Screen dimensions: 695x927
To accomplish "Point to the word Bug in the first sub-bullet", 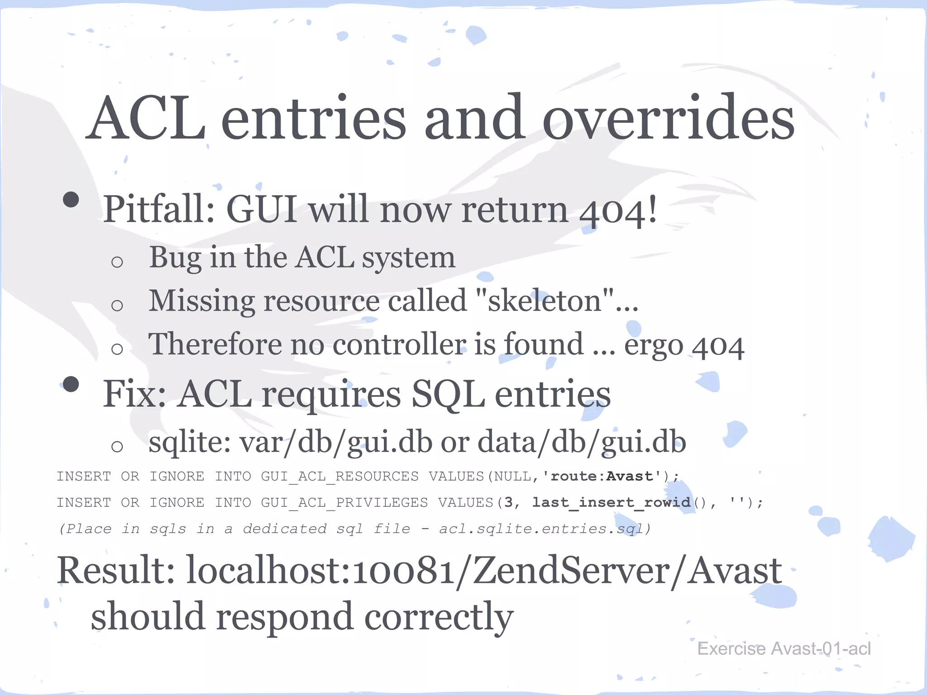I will tap(175, 258).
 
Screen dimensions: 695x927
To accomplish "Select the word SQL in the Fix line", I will tap(448, 394).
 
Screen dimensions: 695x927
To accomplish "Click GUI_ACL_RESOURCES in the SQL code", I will tap(339, 476).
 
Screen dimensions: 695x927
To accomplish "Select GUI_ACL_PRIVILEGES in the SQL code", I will tap(344, 503).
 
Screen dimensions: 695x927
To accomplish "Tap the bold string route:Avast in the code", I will tap(602, 476).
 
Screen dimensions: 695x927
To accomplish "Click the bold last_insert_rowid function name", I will tap(611, 502).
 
